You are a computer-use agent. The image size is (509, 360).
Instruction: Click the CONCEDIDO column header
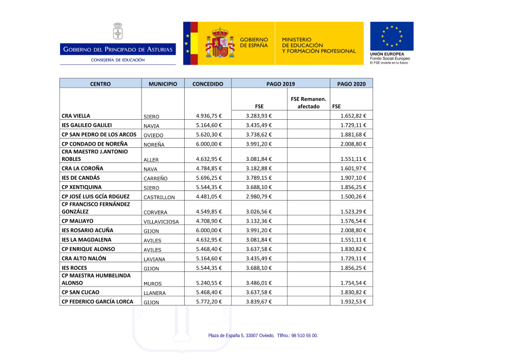click(x=208, y=84)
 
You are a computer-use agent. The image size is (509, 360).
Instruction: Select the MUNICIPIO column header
click(x=163, y=84)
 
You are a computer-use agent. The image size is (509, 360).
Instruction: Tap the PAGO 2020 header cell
click(x=351, y=84)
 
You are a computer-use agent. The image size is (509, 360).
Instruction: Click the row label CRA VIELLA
click(x=76, y=116)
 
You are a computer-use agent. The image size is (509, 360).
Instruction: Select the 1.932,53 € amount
click(x=353, y=301)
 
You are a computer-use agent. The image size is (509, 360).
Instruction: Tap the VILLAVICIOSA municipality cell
click(x=161, y=222)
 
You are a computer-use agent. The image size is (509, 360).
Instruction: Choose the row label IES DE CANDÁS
click(x=80, y=178)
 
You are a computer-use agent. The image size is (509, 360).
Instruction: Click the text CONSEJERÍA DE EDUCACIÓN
click(x=118, y=60)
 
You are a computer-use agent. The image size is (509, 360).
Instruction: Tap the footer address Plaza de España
click(x=263, y=336)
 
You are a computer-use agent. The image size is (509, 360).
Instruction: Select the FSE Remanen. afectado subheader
click(x=308, y=102)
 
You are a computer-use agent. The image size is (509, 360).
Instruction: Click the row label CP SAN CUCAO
click(x=80, y=292)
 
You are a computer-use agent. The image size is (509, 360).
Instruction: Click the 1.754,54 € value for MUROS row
click(x=353, y=283)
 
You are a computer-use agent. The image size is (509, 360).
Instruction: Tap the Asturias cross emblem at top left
click(x=118, y=31)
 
